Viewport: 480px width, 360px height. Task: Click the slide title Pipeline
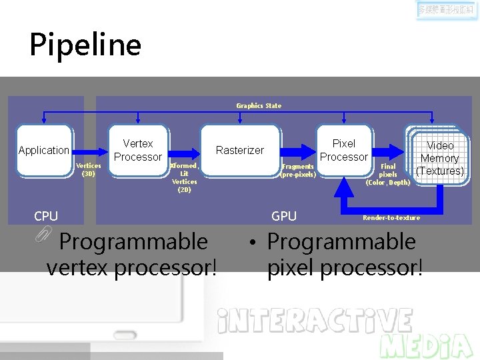coord(85,45)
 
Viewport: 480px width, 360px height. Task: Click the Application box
coord(44,151)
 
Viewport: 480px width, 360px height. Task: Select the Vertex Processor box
coord(137,150)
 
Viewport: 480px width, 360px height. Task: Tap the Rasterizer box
coord(240,151)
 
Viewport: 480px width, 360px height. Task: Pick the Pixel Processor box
coord(344,150)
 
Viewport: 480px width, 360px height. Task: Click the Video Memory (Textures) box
coord(439,158)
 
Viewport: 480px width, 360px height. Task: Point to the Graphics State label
coord(259,105)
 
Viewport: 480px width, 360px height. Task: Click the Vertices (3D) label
coord(88,169)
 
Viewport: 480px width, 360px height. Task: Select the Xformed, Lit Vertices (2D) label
coord(184,177)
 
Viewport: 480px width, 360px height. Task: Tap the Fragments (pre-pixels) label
coord(297,171)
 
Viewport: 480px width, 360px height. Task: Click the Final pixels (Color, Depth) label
coord(388,174)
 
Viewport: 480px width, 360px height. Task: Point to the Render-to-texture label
coord(391,218)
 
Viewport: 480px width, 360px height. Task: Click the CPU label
coord(46,216)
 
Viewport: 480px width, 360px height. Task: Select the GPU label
coord(284,216)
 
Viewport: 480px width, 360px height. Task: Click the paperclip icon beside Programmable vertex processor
coord(45,233)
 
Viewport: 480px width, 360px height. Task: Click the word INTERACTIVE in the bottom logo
coord(315,321)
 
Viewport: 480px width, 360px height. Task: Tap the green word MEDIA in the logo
coord(427,346)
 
